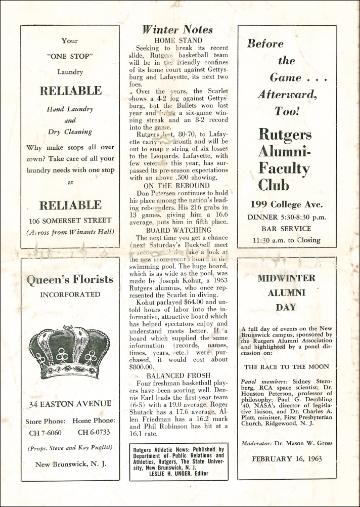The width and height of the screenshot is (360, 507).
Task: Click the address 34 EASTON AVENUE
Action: (x=70, y=404)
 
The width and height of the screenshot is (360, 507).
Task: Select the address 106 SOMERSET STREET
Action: (x=70, y=220)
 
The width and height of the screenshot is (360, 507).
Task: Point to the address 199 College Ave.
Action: (x=286, y=205)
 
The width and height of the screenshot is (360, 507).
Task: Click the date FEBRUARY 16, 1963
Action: (x=287, y=459)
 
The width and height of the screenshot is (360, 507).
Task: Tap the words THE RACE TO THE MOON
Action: (x=286, y=367)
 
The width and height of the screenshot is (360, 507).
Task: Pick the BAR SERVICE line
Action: (x=287, y=229)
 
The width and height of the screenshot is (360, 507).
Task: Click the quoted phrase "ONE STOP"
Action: (x=70, y=57)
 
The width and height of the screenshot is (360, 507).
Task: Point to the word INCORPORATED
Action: (x=70, y=294)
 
